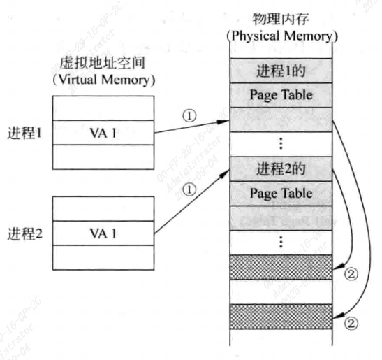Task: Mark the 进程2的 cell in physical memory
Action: pyautogui.click(x=281, y=168)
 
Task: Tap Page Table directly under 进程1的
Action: pyautogui.click(x=281, y=93)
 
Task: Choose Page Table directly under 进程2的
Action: pyautogui.click(x=281, y=192)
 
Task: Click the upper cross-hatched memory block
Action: pyautogui.click(x=281, y=266)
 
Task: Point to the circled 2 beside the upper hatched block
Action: pyautogui.click(x=351, y=273)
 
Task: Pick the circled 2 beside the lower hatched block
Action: pyautogui.click(x=351, y=324)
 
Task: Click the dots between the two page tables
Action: pyautogui.click(x=281, y=143)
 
